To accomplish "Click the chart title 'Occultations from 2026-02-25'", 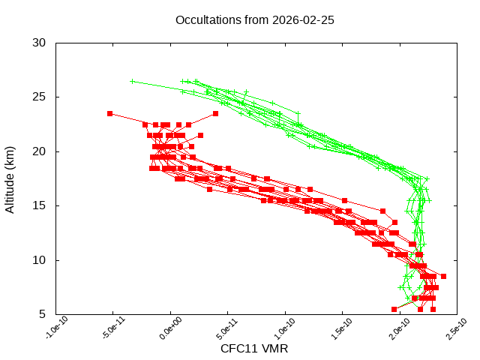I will coord(254,19).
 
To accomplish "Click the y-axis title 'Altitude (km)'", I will coord(10,178).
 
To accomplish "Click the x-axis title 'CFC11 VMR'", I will coord(254,349).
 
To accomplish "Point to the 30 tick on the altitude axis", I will coord(40,43).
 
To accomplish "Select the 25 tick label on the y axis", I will coord(40,97).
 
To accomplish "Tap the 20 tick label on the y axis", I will coord(40,151).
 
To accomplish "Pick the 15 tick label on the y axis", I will coord(40,205).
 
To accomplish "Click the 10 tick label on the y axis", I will coord(40,260).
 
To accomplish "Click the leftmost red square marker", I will coord(109,113).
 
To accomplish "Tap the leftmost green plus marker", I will coord(132,81).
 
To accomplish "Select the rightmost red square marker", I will coord(443,277).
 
